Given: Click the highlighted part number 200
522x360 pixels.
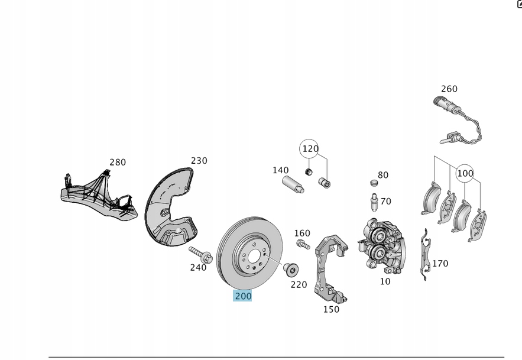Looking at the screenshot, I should tap(242, 296).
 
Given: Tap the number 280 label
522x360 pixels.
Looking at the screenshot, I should tap(118, 162).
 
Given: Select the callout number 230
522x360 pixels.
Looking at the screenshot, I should tap(199, 160).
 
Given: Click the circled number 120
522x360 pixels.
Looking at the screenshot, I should tap(310, 149).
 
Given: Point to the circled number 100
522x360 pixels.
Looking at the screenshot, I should tap(465, 173).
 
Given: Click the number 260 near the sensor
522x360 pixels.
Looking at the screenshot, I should tap(449, 89).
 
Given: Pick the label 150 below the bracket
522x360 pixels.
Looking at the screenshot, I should tap(331, 309).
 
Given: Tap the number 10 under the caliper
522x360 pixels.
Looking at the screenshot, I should tap(385, 281).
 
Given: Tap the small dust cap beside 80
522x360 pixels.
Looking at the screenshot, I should tap(373, 181).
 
